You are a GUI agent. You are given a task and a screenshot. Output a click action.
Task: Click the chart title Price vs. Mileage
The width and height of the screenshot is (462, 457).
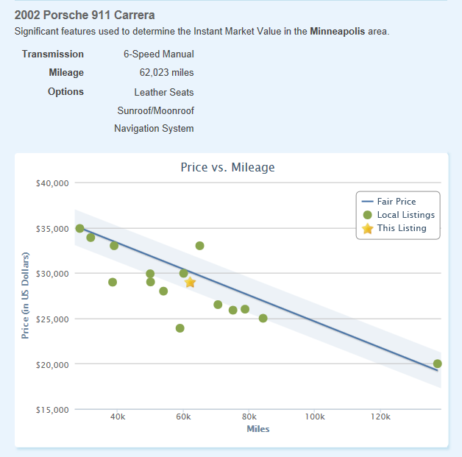point(227,168)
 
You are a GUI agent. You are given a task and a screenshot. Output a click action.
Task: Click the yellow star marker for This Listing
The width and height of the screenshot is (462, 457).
point(190,283)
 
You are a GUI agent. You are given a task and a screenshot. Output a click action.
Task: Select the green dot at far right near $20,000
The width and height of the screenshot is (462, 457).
point(438,364)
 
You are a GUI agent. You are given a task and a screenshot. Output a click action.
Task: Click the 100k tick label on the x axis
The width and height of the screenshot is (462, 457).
point(314,417)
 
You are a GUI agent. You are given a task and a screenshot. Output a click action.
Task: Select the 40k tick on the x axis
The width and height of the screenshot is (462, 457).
point(118,417)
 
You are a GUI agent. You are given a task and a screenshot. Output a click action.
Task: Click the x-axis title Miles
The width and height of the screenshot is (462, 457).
point(257,429)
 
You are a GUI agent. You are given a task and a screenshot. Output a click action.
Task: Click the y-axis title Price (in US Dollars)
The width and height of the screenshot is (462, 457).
point(25,295)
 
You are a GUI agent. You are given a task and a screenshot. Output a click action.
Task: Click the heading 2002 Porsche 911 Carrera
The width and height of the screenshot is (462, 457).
point(85,15)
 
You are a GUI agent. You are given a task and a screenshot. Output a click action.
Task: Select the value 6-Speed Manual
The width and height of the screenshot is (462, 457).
point(158,54)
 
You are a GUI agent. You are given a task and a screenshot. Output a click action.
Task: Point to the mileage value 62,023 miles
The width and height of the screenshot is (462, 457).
point(166,73)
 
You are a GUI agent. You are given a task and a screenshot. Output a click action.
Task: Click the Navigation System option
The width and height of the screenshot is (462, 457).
point(154,129)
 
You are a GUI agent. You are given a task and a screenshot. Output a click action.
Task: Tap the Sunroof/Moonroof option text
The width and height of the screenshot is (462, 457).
point(155,110)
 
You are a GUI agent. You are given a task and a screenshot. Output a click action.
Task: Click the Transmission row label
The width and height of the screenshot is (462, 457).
point(53,54)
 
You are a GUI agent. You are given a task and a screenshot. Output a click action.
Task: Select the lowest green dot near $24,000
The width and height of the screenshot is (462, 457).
point(180,328)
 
